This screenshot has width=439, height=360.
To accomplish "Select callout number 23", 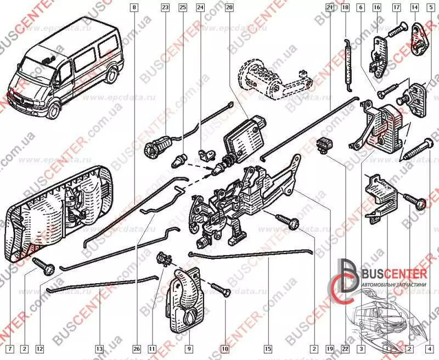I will (x=165, y=8).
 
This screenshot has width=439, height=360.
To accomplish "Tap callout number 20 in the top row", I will (x=229, y=8).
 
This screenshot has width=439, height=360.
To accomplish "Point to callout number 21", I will (x=329, y=8).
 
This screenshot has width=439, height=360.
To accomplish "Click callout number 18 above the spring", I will (x=345, y=8).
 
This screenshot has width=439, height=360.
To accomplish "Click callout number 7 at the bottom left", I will (x=8, y=348).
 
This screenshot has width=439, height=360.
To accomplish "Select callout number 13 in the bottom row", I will (x=99, y=348).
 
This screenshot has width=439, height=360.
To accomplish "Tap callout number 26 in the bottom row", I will (x=137, y=348).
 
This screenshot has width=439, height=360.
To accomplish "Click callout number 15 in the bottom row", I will (x=268, y=348).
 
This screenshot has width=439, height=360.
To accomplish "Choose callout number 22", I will (x=345, y=348).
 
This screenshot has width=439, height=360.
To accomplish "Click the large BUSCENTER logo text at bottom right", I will (x=393, y=274).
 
